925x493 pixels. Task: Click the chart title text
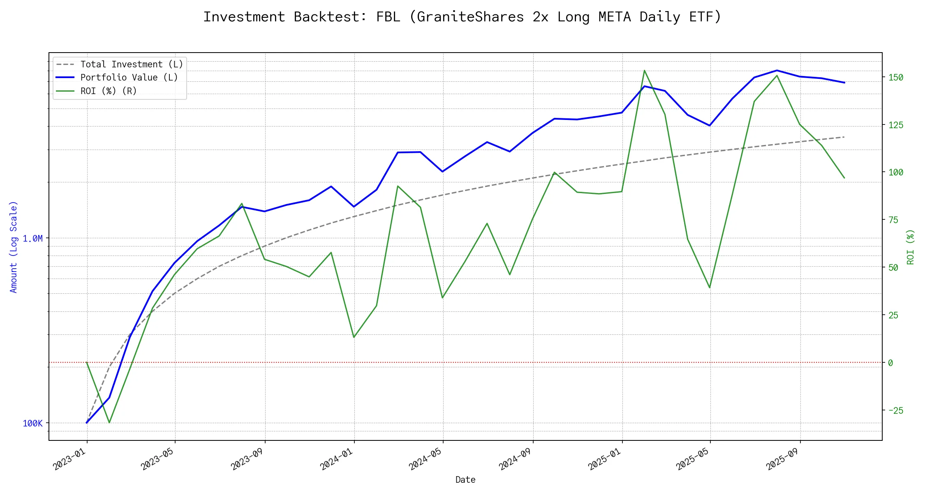(x=462, y=17)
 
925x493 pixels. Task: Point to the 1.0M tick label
(x=32, y=239)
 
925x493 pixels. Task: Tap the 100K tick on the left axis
(x=32, y=424)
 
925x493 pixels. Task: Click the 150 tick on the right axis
(x=896, y=78)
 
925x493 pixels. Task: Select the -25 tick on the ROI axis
(x=896, y=410)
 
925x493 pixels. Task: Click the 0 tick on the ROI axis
(x=890, y=363)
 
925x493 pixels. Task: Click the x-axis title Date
(x=465, y=480)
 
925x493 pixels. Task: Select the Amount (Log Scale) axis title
(x=14, y=247)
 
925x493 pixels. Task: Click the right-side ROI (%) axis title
(x=910, y=247)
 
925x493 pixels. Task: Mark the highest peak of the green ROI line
(x=644, y=70)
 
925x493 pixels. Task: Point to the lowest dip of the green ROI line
(x=109, y=422)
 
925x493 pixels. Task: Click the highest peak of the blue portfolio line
(x=777, y=70)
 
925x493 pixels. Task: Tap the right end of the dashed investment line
(x=844, y=137)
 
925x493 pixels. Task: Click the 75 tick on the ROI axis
(x=893, y=220)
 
